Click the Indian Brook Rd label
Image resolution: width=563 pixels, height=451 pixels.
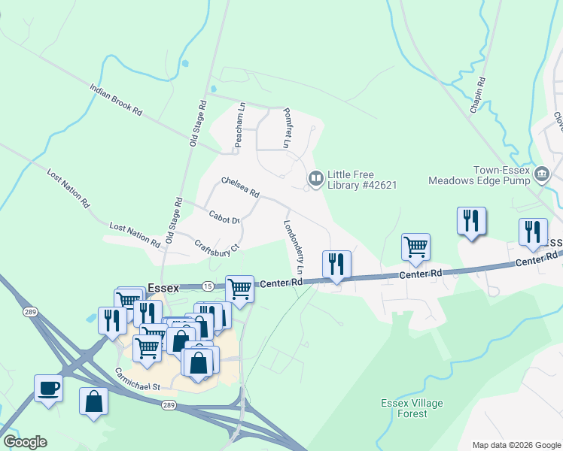click(116, 99)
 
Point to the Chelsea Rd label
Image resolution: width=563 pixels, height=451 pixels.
click(240, 187)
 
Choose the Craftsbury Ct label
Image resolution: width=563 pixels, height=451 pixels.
click(216, 248)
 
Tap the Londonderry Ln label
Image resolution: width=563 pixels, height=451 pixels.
click(294, 247)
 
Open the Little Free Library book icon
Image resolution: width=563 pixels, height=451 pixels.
click(316, 178)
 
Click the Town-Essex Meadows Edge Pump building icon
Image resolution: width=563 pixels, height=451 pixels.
click(541, 174)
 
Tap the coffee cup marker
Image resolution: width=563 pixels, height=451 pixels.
click(49, 389)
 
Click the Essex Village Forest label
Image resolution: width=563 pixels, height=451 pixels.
click(412, 408)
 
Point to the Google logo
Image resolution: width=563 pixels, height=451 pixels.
click(25, 442)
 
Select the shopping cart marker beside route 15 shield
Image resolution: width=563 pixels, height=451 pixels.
click(239, 288)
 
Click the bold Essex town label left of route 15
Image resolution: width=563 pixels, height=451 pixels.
click(163, 286)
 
